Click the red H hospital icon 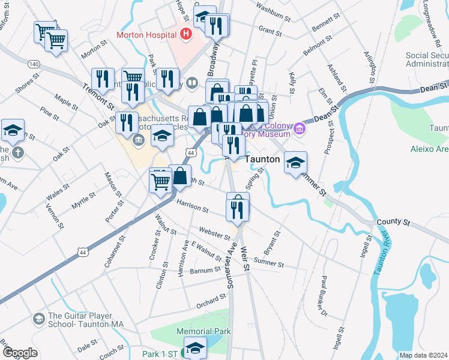point(185,34)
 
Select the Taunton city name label point(263,160)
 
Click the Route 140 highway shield point(34,64)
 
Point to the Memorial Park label point(202,331)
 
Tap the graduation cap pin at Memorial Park point(195,347)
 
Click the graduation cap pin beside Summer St point(295,162)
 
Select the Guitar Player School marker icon point(40,318)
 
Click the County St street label point(393,222)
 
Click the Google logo point(20,353)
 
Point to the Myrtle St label point(83,198)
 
